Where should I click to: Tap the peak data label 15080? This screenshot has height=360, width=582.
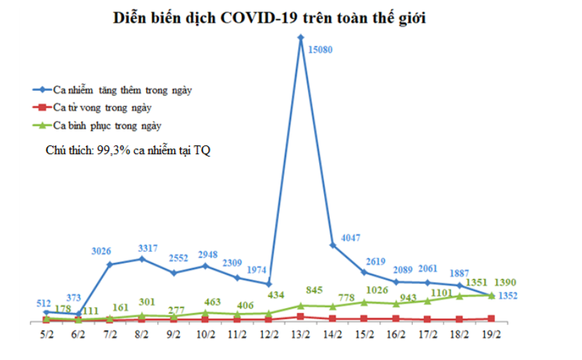(x=319, y=49)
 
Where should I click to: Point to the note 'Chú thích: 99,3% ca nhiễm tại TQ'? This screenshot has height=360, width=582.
(x=128, y=150)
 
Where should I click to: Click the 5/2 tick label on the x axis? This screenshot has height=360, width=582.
(x=46, y=335)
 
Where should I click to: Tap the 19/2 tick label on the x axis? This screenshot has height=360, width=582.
(x=490, y=335)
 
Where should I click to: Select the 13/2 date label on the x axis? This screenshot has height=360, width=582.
(x=300, y=335)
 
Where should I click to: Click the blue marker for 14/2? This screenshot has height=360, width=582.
(x=332, y=245)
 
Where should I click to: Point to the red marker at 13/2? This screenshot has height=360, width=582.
(x=300, y=316)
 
